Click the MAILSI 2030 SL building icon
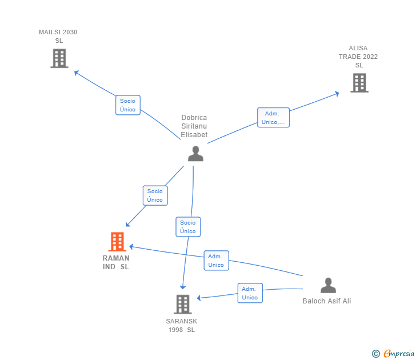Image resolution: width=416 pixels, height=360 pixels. [59, 58]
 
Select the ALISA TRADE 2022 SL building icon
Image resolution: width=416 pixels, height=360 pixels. [359, 83]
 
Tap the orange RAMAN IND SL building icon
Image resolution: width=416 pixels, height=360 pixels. [117, 242]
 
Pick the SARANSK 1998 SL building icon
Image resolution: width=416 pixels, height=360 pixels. [182, 304]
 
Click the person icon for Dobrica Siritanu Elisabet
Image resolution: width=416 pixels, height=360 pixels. [195, 154]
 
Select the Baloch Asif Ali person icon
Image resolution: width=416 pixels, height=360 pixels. [328, 285]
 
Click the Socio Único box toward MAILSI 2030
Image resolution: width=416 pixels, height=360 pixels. [127, 105]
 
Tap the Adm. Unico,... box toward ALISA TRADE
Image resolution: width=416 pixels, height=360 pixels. [273, 118]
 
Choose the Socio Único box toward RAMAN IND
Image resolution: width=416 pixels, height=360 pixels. [155, 195]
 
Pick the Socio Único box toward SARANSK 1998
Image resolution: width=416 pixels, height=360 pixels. [187, 227]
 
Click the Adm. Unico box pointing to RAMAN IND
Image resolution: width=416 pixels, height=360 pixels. [216, 261]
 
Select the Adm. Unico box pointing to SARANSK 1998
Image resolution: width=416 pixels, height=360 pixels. [250, 293]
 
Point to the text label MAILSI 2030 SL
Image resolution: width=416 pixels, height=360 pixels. [58, 36]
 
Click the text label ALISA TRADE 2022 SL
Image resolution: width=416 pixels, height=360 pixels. [358, 57]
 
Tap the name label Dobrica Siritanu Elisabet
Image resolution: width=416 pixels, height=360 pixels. [194, 126]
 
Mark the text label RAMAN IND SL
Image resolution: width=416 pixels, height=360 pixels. [116, 262]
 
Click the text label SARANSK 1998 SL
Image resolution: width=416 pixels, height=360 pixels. [182, 325]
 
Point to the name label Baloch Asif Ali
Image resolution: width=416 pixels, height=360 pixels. [327, 301]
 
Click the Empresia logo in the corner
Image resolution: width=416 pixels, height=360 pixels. [399, 354]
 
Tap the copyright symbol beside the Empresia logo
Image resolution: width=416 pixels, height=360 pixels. [376, 354]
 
